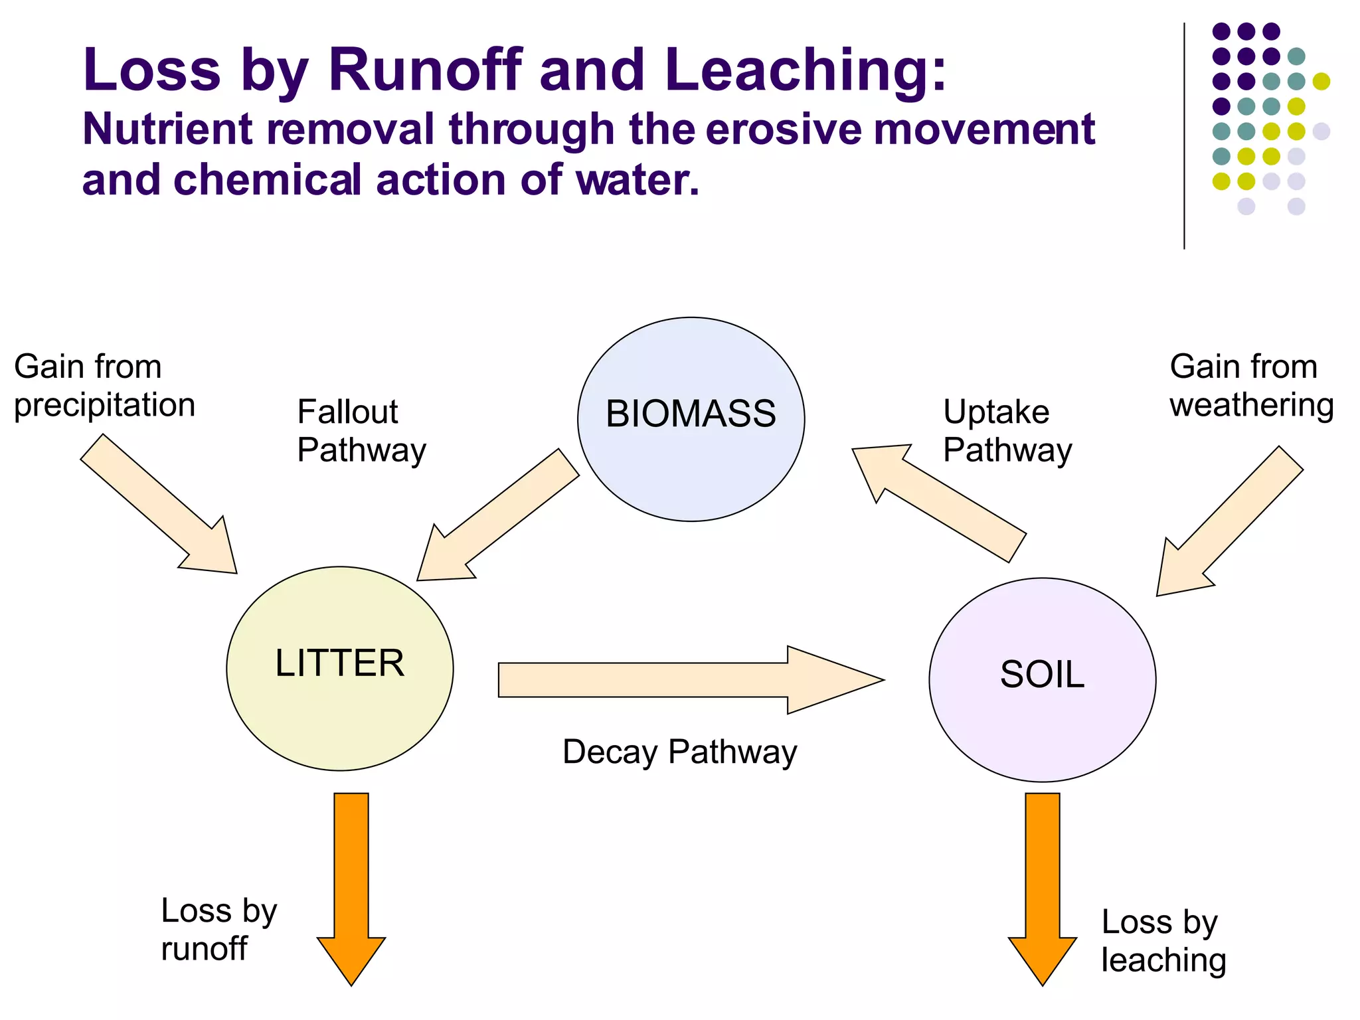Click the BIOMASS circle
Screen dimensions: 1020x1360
pyautogui.click(x=691, y=418)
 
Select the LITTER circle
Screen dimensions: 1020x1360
pyautogui.click(x=339, y=667)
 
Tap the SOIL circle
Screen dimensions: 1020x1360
pyautogui.click(x=1042, y=679)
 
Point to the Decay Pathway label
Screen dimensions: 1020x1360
pyautogui.click(x=679, y=752)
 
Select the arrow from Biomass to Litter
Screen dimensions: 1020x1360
pyautogui.click(x=498, y=515)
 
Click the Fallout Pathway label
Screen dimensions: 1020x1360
pyautogui.click(x=361, y=430)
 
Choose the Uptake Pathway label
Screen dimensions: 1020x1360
pyautogui.click(x=1007, y=430)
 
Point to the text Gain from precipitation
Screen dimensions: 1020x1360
pyautogui.click(x=104, y=385)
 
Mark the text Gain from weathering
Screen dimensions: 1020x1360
pyautogui.click(x=1251, y=385)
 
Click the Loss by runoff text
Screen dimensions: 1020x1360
pyautogui.click(x=218, y=929)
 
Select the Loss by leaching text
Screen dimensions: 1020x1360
pyautogui.click(x=1163, y=940)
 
